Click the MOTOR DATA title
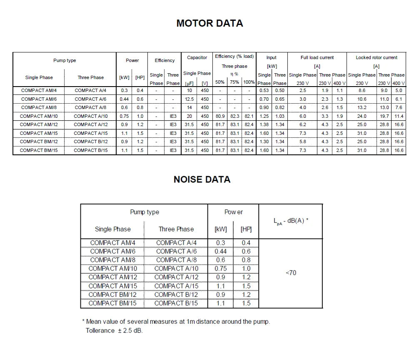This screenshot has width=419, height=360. click(209, 23)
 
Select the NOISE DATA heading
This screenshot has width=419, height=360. click(202, 179)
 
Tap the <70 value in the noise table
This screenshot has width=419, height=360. click(291, 273)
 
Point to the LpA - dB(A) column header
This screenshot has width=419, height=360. click(291, 221)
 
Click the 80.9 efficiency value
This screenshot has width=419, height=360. click(219, 116)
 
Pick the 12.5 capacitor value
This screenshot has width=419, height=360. click(190, 99)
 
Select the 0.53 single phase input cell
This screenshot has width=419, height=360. click(264, 90)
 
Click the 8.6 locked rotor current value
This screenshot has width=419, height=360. click(362, 90)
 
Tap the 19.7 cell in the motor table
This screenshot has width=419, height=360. click(384, 116)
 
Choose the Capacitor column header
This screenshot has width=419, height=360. click(197, 57)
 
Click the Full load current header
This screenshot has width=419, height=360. click(317, 57)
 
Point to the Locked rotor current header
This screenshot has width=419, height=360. click(377, 57)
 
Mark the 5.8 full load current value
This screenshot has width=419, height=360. click(302, 142)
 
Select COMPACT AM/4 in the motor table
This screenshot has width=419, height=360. click(39, 90)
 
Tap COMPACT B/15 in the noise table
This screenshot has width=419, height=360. click(176, 303)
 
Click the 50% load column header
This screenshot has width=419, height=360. click(219, 82)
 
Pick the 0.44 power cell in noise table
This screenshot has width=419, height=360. click(221, 251)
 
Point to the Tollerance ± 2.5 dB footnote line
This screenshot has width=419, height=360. click(114, 330)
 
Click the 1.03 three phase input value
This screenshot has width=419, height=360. click(279, 116)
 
